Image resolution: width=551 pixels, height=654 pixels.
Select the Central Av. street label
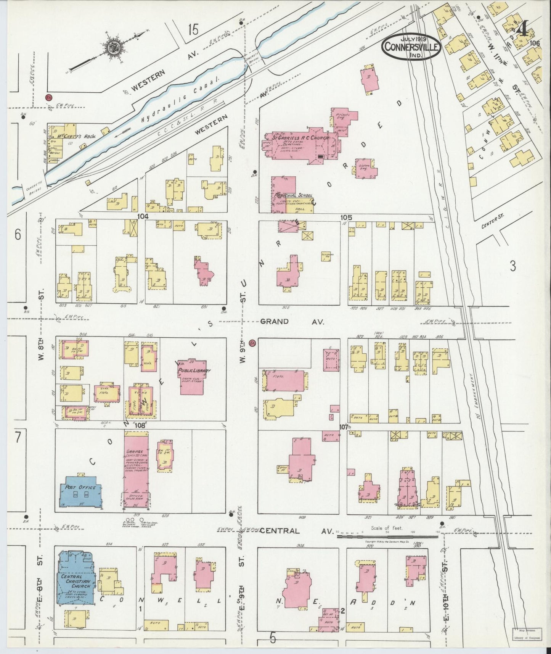pos(296,531)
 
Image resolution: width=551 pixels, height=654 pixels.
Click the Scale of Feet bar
pos(387,535)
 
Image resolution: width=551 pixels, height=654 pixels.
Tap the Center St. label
pos(493,221)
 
